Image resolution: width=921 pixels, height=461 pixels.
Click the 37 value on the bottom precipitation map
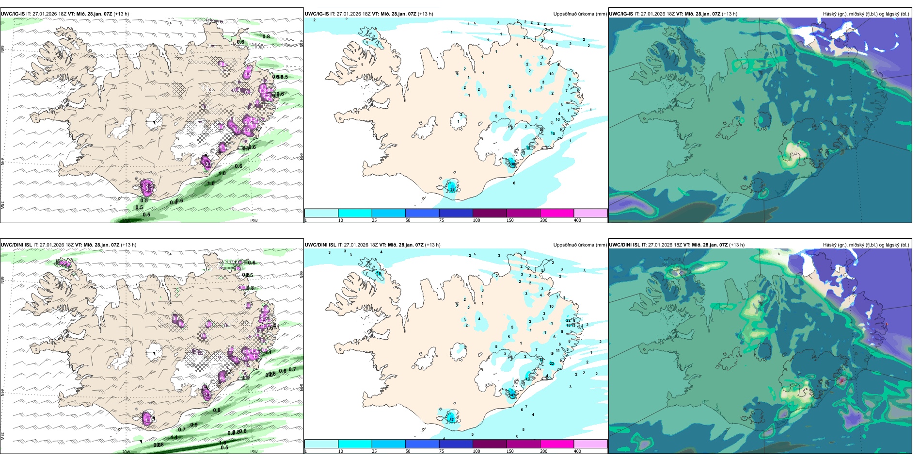[451, 420]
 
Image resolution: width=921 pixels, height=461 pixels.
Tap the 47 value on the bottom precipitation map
[512, 395]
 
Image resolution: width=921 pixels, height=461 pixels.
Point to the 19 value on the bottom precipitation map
[527, 379]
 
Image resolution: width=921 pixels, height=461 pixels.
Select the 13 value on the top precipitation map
[557, 119]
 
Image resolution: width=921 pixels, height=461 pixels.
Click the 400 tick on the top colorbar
[577, 220]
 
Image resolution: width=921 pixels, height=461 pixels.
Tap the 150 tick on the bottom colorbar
[510, 451]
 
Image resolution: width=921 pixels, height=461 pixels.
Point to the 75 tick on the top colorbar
[442, 220]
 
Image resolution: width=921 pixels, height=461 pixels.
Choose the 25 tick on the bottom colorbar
[374, 451]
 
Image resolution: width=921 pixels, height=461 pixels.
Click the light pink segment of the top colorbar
[590, 213]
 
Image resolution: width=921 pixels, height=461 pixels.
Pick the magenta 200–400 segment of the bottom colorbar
[556, 444]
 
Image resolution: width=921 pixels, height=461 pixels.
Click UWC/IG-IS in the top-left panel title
[13, 14]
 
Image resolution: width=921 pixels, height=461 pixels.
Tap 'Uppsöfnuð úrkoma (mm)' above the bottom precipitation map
[580, 245]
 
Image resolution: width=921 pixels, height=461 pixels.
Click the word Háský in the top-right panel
[831, 14]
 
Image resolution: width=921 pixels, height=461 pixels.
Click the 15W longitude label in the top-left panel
[253, 221]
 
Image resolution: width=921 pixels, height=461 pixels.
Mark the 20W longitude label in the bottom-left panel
[126, 452]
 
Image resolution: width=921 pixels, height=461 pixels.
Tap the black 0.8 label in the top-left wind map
[266, 36]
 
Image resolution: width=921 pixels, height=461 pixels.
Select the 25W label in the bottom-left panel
[3, 436]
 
